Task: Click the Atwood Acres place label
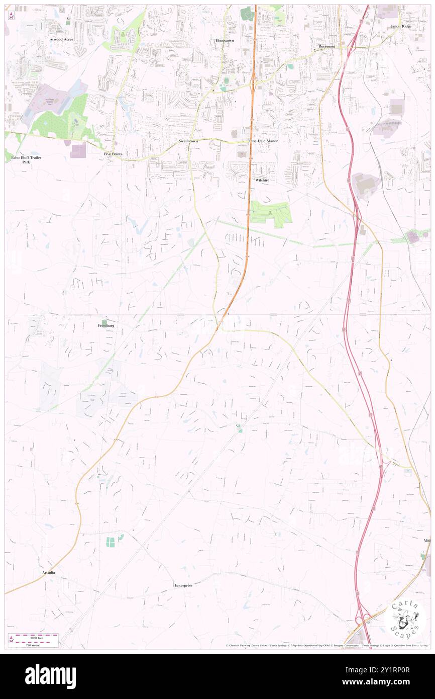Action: [x=61, y=39]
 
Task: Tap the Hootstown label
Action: [x=225, y=40]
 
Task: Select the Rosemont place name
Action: [x=327, y=46]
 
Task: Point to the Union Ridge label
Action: [x=400, y=26]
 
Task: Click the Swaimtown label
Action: [x=188, y=141]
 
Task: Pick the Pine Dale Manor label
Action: [x=263, y=141]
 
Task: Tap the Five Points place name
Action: [x=113, y=154]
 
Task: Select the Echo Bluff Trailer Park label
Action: [x=26, y=160]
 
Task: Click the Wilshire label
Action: [x=262, y=180]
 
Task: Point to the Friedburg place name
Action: [x=106, y=326]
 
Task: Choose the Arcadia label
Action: [x=49, y=573]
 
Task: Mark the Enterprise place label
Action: [x=183, y=585]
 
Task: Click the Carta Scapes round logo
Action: [x=405, y=620]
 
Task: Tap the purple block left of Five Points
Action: [x=78, y=151]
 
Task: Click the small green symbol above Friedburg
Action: [x=104, y=322]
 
